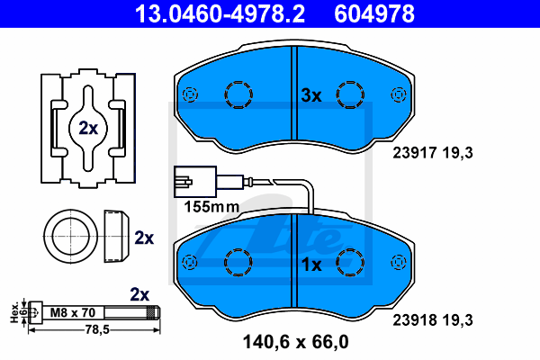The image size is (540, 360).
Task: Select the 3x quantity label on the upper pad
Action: tap(311, 94)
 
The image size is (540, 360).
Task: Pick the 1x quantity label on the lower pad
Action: tap(311, 265)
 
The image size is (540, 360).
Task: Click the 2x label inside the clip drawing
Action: tap(87, 128)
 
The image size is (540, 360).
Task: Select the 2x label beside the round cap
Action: tap(144, 238)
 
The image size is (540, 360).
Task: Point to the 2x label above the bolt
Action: tap(139, 293)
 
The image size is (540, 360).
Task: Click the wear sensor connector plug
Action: tap(185, 179)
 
